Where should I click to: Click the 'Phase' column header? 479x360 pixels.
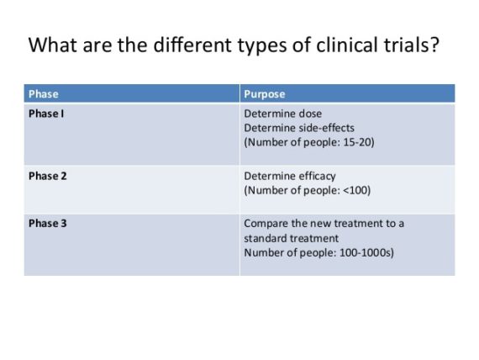coord(44,94)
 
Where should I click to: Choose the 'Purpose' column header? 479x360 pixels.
coord(264,94)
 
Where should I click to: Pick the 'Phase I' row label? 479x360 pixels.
coord(46,114)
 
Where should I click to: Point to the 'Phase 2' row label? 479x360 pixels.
coord(47,176)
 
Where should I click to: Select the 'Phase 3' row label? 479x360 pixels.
coord(47,224)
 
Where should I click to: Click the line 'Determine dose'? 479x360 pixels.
coord(282,114)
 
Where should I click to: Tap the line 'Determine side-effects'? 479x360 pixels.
coord(298,128)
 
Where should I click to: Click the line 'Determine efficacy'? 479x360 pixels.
coord(289,176)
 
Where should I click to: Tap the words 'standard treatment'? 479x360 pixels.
coord(291,239)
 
